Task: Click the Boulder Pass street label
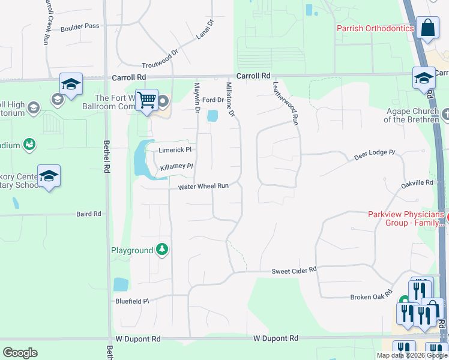pyautogui.click(x=79, y=26)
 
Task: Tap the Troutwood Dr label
pyautogui.click(x=160, y=60)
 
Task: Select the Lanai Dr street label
pyautogui.click(x=205, y=31)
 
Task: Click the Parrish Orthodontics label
pyautogui.click(x=375, y=28)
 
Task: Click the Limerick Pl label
pyautogui.click(x=175, y=149)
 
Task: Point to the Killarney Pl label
pyautogui.click(x=176, y=166)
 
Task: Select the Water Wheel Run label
pyautogui.click(x=203, y=187)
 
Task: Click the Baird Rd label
pyautogui.click(x=89, y=214)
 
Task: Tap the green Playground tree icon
pyautogui.click(x=161, y=250)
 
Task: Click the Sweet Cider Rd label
pyautogui.click(x=294, y=271)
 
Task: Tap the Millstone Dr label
pyautogui.click(x=229, y=99)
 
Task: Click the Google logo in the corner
pyautogui.click(x=20, y=353)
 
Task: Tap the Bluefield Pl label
pyautogui.click(x=132, y=301)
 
